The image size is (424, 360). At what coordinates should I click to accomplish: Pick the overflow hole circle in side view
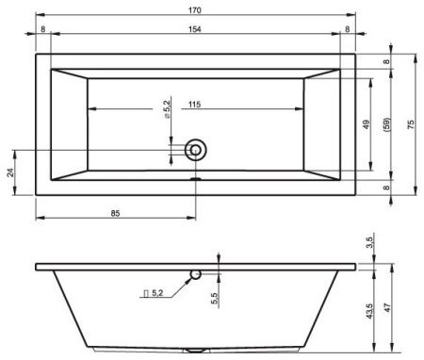(x=195, y=274)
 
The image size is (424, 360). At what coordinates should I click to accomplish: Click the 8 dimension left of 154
(x=43, y=29)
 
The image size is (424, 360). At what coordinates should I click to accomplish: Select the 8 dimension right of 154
(x=348, y=29)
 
